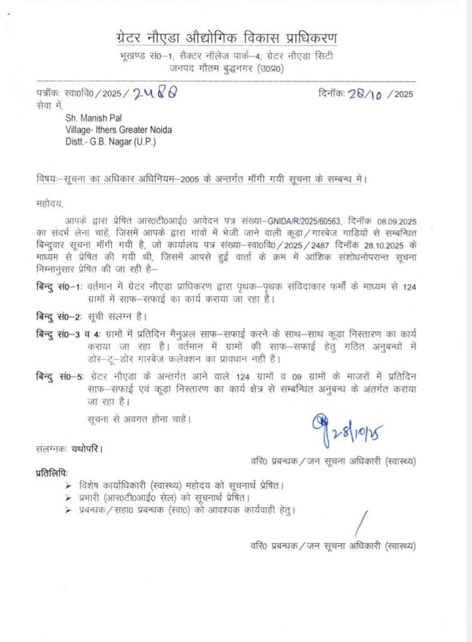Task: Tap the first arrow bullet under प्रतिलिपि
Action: pyautogui.click(x=68, y=485)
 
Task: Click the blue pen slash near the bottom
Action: pyautogui.click(x=360, y=524)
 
